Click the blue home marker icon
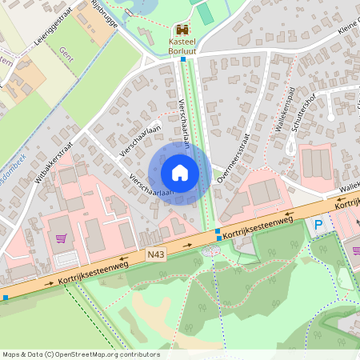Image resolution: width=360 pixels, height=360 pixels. (180, 172)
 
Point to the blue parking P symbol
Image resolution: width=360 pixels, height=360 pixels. (319, 226)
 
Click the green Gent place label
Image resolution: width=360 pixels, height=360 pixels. (66, 54)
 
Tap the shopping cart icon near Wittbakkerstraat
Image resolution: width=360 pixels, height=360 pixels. (62, 238)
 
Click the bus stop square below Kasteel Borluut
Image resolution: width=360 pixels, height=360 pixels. (183, 59)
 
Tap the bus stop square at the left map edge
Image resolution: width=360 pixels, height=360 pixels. (6, 298)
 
